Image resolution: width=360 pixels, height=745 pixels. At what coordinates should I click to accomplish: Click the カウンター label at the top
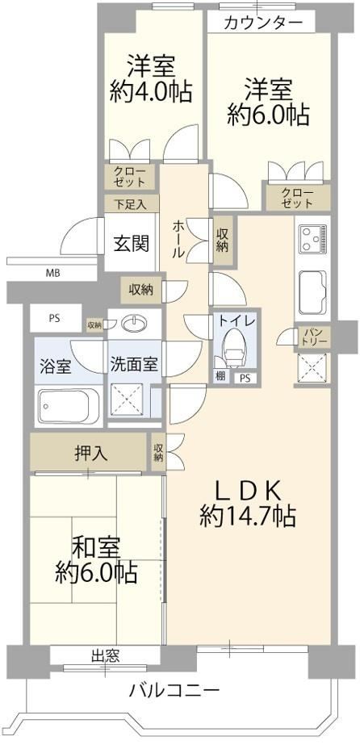(x=262, y=22)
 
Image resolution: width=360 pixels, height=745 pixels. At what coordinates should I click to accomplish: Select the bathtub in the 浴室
(x=69, y=406)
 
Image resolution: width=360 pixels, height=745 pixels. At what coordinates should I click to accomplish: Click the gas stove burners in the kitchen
(x=312, y=240)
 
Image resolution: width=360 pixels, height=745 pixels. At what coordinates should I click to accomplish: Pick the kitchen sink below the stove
(x=312, y=291)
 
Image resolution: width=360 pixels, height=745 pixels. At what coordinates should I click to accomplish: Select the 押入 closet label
(x=90, y=454)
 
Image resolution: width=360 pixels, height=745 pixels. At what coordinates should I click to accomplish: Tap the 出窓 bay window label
(x=105, y=657)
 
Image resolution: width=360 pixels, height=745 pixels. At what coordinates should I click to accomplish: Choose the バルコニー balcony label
(x=174, y=689)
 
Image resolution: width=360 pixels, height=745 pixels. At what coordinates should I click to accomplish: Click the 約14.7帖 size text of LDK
(x=248, y=516)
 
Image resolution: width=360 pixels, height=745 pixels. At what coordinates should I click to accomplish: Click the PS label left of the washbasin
(x=54, y=318)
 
